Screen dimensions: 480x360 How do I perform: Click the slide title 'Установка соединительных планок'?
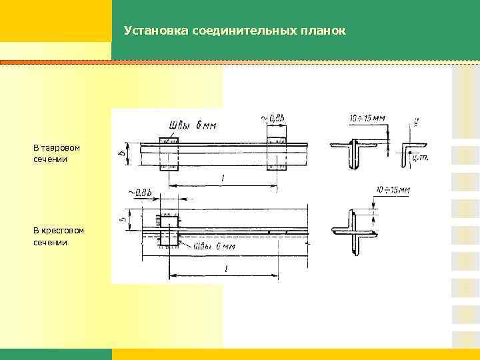234,31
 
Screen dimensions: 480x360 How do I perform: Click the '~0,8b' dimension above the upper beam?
273,119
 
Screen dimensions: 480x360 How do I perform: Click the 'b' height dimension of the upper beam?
121,153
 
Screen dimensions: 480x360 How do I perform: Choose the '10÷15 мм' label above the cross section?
393,190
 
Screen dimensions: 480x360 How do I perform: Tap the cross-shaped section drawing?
353,231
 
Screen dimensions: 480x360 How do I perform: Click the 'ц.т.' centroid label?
420,157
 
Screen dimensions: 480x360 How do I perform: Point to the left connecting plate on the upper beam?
168,154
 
